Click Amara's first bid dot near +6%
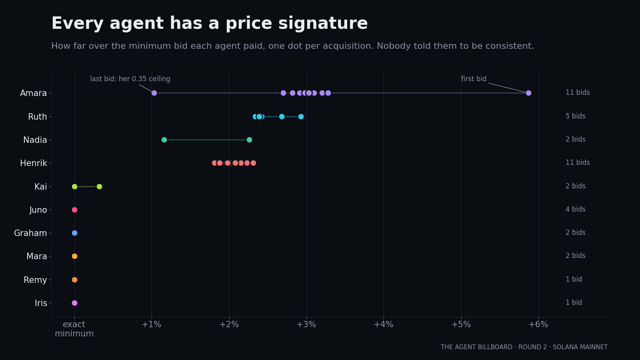(x=528, y=93)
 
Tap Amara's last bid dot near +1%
(x=154, y=93)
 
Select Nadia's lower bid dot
(x=164, y=140)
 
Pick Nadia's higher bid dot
(x=249, y=140)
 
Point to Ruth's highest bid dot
(x=301, y=116)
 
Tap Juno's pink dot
(x=74, y=210)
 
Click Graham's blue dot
(x=74, y=233)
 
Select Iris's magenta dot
(x=74, y=303)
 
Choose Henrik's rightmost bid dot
(x=253, y=163)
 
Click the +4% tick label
(x=384, y=324)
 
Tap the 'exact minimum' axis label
(x=74, y=329)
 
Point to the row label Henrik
(x=34, y=163)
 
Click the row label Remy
(x=35, y=280)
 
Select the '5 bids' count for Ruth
(x=576, y=116)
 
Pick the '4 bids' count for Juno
(x=576, y=209)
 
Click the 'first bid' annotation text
(x=474, y=78)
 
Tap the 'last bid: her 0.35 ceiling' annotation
(x=130, y=79)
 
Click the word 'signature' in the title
(x=323, y=24)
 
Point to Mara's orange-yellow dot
(x=74, y=256)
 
